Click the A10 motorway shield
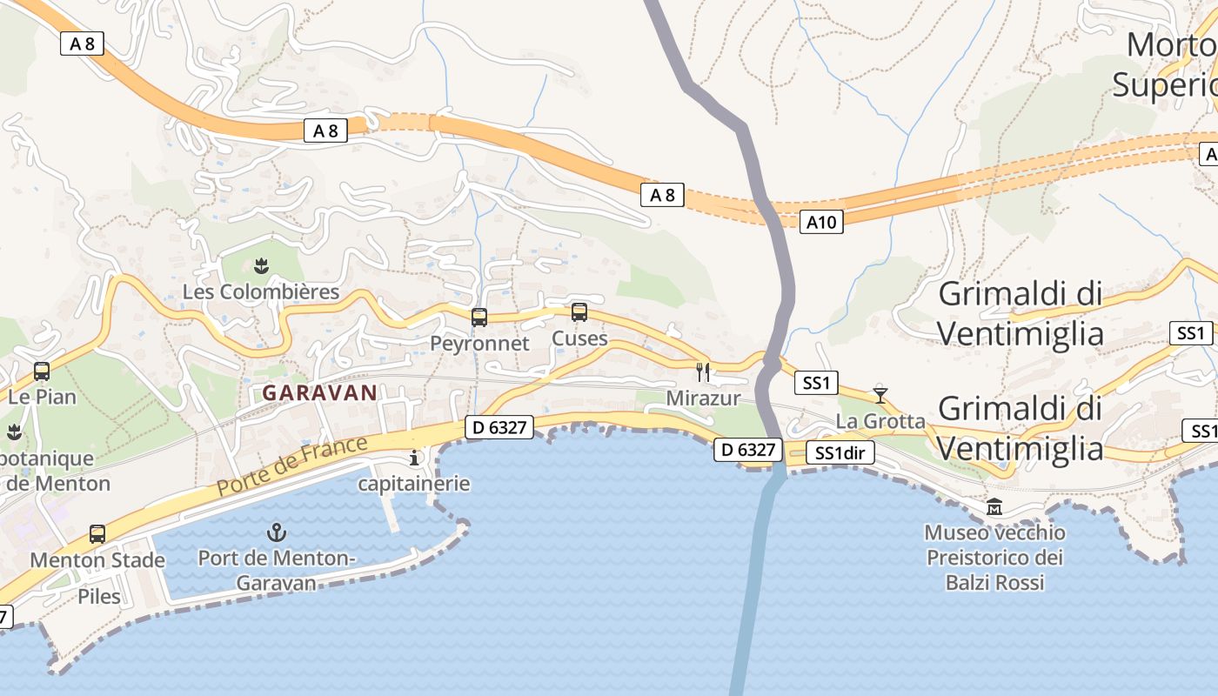coord(821,222)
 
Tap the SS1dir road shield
coord(840,452)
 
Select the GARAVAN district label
coord(320,392)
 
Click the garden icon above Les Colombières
coord(261,264)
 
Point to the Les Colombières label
coord(261,291)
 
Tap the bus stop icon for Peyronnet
coord(479,318)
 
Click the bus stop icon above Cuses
coord(579,312)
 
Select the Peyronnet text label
coord(479,344)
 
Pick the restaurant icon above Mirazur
coord(703,372)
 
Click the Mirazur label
coord(703,398)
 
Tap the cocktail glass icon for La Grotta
coord(880,395)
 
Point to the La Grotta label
coord(880,421)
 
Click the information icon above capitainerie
coord(414,458)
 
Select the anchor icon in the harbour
coord(276,532)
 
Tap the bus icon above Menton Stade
coord(97,533)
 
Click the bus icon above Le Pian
coord(41,371)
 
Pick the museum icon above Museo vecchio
coord(994,506)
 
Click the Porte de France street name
coord(291,466)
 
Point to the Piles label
coord(99,597)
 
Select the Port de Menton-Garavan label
coord(276,570)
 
